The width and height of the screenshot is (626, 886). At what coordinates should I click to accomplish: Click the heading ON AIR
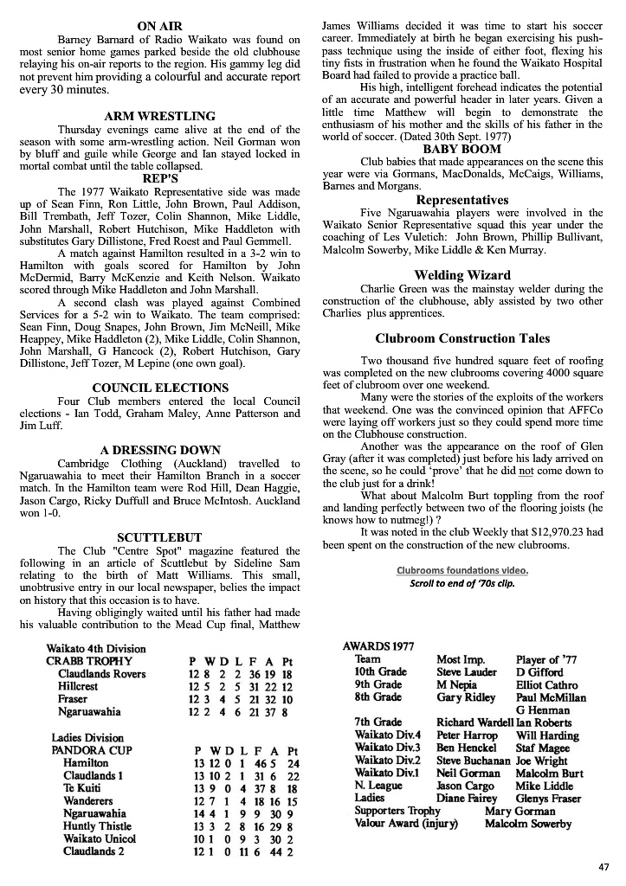pos(159,26)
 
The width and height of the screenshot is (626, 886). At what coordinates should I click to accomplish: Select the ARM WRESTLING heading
pos(159,116)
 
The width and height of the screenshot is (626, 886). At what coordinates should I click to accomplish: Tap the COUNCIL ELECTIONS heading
pos(160,388)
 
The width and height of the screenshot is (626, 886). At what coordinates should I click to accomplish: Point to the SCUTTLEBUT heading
pos(159,537)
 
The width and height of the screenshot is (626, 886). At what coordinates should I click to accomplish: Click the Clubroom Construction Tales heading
pos(462,338)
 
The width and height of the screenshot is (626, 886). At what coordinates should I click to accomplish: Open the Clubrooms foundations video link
pos(461,570)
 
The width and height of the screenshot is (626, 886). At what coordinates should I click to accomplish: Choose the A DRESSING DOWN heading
pos(160,450)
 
